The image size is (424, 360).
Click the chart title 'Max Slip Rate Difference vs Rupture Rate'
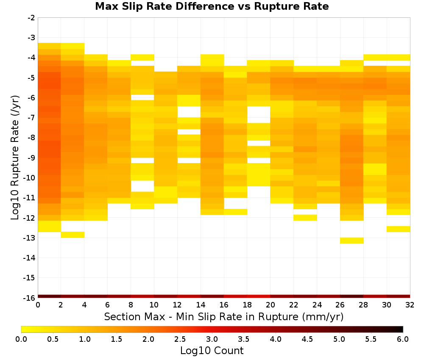pyautogui.click(x=212, y=6)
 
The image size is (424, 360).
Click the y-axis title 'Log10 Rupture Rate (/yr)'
pyautogui.click(x=15, y=158)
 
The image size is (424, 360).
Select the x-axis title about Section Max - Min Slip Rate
pyautogui.click(x=223, y=316)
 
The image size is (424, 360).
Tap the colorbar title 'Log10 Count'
pyautogui.click(x=212, y=351)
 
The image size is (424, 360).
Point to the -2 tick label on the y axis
pyautogui.click(x=31, y=18)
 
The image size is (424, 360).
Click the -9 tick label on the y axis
pyautogui.click(x=31, y=158)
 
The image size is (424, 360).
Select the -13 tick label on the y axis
pyautogui.click(x=30, y=238)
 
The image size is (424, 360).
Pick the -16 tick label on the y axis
pyautogui.click(x=30, y=298)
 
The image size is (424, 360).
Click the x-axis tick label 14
pyautogui.click(x=201, y=305)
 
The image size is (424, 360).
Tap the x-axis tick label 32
pyautogui.click(x=410, y=305)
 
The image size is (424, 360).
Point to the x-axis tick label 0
pyautogui.click(x=38, y=305)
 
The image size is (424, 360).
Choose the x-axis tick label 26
pyautogui.click(x=340, y=305)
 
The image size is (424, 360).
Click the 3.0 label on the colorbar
pyautogui.click(x=212, y=339)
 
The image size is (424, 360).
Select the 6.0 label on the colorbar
pyautogui.click(x=403, y=339)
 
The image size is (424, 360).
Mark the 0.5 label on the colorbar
pyautogui.click(x=53, y=339)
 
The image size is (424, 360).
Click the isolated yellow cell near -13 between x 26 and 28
pyautogui.click(x=352, y=241)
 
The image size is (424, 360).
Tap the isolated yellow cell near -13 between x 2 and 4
pyautogui.click(x=73, y=235)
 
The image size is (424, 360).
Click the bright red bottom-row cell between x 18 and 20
pyautogui.click(x=259, y=296)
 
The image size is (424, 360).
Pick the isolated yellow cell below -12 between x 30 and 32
pyautogui.click(x=398, y=229)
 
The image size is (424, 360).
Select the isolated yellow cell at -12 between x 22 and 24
pyautogui.click(x=305, y=217)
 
